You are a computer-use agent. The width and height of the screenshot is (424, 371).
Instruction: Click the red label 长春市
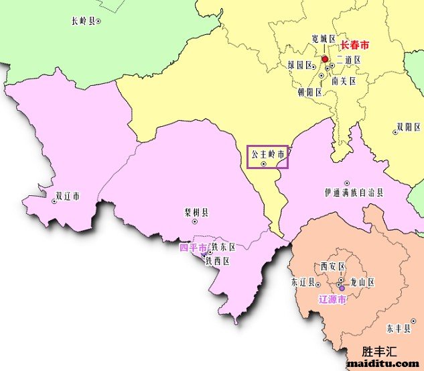tap(354, 46)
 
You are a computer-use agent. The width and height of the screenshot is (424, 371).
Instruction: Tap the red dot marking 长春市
tap(325, 59)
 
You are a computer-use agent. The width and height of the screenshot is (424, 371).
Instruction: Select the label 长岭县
tap(82, 21)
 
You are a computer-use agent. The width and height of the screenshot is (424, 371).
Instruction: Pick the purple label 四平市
tap(193, 248)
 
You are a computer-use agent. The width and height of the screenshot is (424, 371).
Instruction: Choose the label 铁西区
tap(218, 261)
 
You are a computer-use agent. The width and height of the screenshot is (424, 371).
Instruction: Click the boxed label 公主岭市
tap(267, 154)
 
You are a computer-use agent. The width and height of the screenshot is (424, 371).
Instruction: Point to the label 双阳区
tap(407, 125)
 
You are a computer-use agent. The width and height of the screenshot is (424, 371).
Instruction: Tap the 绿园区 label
tap(301, 65)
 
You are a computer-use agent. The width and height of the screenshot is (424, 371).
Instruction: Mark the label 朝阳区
tap(310, 92)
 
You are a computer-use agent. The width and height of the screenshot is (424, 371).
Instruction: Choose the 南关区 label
tap(344, 81)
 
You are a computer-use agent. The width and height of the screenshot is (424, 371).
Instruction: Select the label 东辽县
tap(302, 281)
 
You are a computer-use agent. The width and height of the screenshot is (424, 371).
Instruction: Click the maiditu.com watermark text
tap(383, 364)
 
